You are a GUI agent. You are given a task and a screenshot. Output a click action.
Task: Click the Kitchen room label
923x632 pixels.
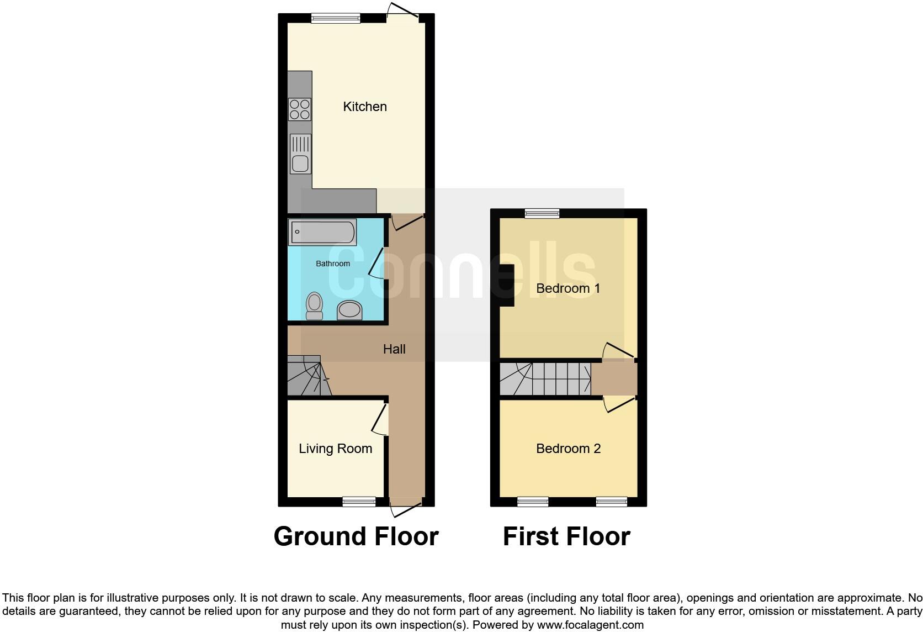(x=364, y=107)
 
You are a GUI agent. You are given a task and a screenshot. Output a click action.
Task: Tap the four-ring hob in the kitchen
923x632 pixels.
(x=300, y=109)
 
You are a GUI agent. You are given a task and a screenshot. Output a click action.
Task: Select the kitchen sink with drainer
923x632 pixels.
(x=300, y=154)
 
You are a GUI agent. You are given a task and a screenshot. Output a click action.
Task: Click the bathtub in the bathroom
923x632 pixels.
(x=322, y=232)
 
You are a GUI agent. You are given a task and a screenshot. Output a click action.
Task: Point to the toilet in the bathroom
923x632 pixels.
(x=315, y=306)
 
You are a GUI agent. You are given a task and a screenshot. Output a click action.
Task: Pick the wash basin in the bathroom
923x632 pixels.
(x=349, y=310)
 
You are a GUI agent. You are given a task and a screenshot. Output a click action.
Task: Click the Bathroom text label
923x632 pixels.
(x=332, y=264)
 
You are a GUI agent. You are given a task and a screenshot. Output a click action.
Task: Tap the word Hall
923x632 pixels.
(x=394, y=349)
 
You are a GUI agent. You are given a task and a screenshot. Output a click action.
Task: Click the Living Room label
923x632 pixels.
(x=335, y=449)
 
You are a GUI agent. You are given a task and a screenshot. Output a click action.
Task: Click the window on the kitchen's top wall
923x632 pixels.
(x=336, y=18)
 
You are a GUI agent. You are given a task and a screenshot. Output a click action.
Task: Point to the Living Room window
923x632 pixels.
(x=359, y=502)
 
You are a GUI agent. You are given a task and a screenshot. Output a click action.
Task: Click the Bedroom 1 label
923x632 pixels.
(x=567, y=288)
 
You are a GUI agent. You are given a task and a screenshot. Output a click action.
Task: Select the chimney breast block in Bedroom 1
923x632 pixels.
(x=507, y=285)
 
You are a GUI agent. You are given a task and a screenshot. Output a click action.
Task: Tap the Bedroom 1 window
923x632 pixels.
(x=542, y=213)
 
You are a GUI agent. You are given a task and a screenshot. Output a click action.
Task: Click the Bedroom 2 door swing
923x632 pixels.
(x=618, y=404)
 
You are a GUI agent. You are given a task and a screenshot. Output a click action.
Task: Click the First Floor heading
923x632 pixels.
(x=566, y=536)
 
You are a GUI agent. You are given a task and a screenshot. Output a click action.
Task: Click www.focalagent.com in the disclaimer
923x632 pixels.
(x=591, y=625)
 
